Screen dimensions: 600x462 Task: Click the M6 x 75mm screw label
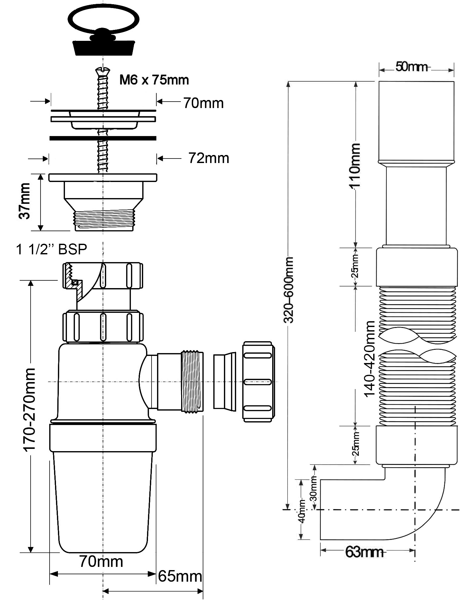coord(154,80)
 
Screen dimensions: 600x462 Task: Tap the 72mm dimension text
coord(209,158)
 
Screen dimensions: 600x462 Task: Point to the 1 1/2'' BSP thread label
coord(52,249)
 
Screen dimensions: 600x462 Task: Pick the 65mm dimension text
coord(180,577)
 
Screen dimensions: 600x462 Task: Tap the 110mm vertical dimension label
coord(355,166)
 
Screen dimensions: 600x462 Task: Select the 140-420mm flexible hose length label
coord(370,359)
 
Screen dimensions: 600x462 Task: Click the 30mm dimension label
coord(314,492)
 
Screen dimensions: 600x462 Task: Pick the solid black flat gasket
coord(103,138)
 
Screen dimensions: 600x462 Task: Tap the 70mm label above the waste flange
coord(203,103)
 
